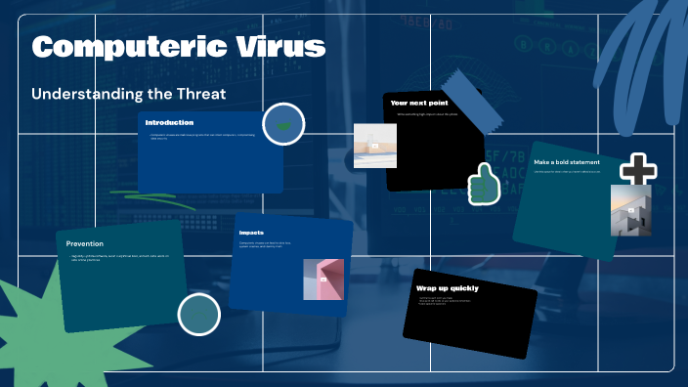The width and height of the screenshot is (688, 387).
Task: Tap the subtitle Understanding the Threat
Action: click(129, 94)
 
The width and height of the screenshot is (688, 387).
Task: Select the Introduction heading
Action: click(169, 122)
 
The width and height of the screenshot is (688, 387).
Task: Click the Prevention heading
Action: click(85, 243)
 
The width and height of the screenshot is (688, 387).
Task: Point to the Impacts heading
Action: click(253, 233)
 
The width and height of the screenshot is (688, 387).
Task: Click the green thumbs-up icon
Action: click(482, 184)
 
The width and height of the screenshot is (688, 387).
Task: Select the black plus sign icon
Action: click(638, 169)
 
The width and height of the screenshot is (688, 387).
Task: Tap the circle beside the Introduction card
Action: click(284, 125)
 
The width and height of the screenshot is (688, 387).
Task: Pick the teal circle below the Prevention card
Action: click(198, 314)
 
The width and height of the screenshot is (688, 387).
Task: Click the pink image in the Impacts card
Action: click(322, 279)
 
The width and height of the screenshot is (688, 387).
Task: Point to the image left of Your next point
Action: click(374, 146)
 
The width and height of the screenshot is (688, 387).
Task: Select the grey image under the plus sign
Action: click(630, 210)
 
